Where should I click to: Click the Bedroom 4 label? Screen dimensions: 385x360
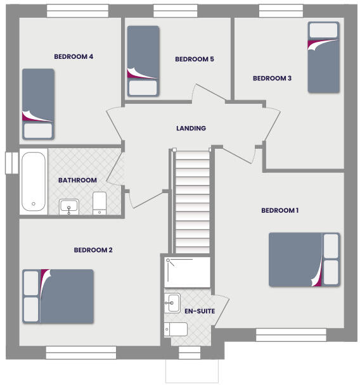coord(74,57)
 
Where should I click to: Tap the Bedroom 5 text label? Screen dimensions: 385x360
coord(194,60)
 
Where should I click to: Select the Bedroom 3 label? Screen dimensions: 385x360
coord(272,79)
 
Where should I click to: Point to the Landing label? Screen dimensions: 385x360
coord(191,129)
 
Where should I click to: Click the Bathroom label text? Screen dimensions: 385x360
coord(77,180)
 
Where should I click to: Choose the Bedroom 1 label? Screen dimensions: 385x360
coord(280,210)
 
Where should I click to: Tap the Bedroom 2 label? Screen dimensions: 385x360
coord(93,250)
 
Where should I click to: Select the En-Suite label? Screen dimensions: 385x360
coord(199,312)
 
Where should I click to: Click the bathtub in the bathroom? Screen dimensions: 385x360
coord(34,181)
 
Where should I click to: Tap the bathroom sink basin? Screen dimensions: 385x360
coord(68,206)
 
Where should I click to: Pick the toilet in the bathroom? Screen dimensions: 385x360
coord(100,203)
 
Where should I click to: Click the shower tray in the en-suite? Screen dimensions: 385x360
coord(188,272)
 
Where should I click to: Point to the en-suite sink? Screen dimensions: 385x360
coord(172,303)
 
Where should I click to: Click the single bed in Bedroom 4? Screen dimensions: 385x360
coord(37,104)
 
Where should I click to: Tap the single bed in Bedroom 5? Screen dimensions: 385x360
coord(143,61)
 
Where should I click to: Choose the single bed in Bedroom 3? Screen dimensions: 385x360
coord(323,57)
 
